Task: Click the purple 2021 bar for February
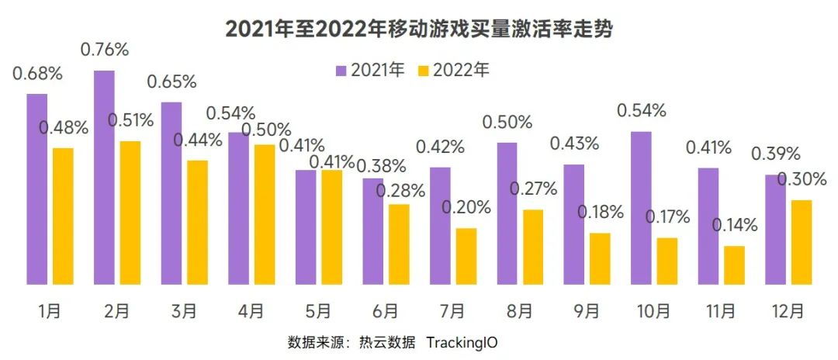(104, 177)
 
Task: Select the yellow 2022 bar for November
(734, 265)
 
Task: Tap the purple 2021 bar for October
(641, 208)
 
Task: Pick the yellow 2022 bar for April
(264, 214)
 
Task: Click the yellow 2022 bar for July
(466, 256)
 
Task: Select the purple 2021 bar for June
(373, 231)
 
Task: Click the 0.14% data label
(734, 226)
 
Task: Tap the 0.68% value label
(37, 74)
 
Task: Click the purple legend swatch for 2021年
(341, 71)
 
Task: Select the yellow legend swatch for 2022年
(423, 71)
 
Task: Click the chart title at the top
(419, 29)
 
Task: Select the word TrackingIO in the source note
(472, 342)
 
